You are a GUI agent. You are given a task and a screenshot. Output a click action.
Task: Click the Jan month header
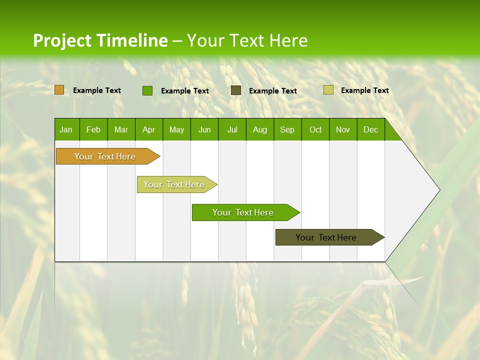pyautogui.click(x=66, y=129)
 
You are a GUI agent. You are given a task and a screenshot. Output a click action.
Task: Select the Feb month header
pyautogui.click(x=93, y=129)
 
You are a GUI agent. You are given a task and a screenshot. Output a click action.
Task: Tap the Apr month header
pyautogui.click(x=148, y=129)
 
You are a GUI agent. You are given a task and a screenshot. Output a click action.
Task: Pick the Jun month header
pyautogui.click(x=204, y=129)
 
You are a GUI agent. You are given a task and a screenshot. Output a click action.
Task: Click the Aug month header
pyautogui.click(x=260, y=129)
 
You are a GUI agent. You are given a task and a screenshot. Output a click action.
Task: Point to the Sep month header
pyautogui.click(x=287, y=129)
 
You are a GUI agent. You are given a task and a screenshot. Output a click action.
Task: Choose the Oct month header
pyautogui.click(x=315, y=129)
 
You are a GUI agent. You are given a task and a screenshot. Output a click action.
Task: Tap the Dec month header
pyautogui.click(x=370, y=129)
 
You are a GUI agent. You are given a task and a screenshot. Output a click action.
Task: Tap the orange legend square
pyautogui.click(x=59, y=90)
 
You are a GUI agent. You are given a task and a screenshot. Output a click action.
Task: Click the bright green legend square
pyautogui.click(x=147, y=90)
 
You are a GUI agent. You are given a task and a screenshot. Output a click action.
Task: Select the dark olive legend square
pyautogui.click(x=236, y=90)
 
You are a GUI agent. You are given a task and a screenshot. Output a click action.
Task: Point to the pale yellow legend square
pyautogui.click(x=328, y=90)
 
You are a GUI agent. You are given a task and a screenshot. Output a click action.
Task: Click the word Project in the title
pyautogui.click(x=62, y=40)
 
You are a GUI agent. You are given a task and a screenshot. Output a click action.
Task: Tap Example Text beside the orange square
pyautogui.click(x=97, y=90)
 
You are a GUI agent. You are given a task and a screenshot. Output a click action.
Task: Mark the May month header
pyautogui.click(x=176, y=129)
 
